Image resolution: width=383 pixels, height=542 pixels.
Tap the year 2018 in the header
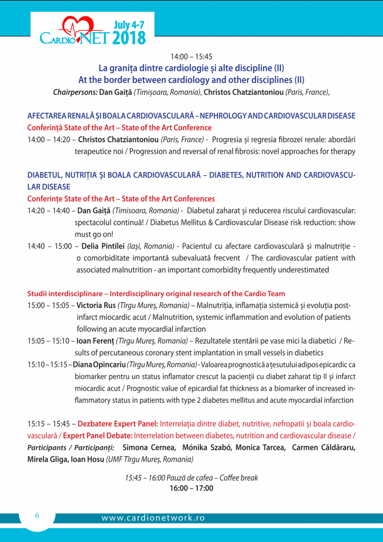coord(129,38)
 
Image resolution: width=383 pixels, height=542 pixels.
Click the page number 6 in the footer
coord(37,516)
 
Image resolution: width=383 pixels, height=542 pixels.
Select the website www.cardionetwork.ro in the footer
coord(153,518)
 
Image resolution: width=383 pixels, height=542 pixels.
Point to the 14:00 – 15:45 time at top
coord(191,56)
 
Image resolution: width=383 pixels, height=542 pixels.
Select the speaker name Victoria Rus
coord(96,305)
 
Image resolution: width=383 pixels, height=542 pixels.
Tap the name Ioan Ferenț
coord(95,341)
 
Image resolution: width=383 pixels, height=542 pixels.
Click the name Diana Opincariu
coord(98,365)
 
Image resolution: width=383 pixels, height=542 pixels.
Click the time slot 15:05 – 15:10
coord(49,341)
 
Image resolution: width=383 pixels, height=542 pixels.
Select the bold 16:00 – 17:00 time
coord(191,488)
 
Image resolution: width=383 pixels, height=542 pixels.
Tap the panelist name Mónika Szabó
coord(206,448)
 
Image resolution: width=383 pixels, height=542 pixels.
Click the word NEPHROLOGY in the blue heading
coord(232,115)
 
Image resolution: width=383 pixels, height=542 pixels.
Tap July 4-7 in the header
coord(129,24)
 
